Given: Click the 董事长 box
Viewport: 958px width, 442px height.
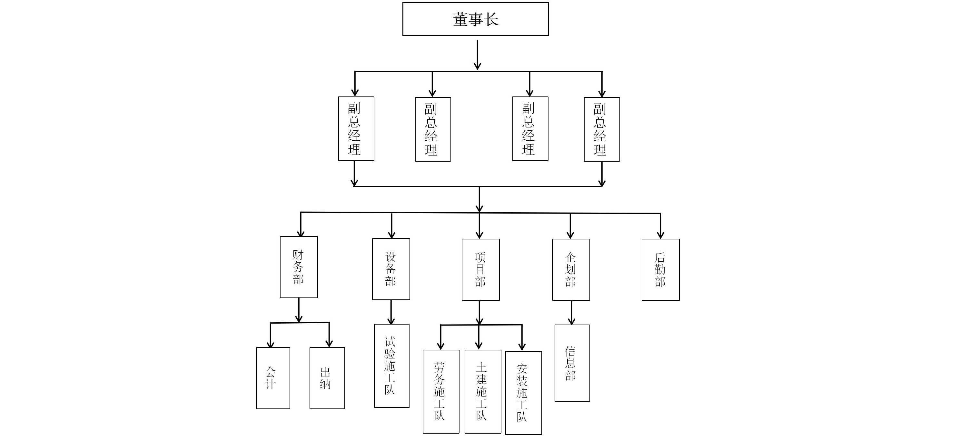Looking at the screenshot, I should pos(475,19).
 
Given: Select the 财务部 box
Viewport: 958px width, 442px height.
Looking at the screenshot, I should pos(299,267).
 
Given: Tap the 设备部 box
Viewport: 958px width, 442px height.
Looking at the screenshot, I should pos(391,269).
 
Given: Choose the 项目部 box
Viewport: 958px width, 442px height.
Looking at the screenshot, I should pos(480,269).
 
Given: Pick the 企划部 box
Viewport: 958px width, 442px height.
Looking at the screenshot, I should pos(571,269).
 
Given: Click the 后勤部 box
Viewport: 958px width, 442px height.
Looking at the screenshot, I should pos(660,269).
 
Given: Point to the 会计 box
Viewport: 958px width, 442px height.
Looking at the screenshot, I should pos(273,378).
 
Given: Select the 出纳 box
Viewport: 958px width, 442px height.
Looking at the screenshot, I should pos(327,378).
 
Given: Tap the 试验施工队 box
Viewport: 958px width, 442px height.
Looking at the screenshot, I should pos(391,366).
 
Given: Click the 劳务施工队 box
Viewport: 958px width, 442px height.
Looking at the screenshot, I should pos(441,391).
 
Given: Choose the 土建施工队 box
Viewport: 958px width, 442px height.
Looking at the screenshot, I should pos(483,391).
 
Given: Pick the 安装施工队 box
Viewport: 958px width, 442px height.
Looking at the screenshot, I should pos(523,393).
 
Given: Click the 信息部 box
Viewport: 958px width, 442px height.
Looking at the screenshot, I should pos(572,363).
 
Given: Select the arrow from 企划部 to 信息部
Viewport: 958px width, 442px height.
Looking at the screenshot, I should pos(572,313).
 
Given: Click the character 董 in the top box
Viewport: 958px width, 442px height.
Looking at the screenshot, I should pos(460,19).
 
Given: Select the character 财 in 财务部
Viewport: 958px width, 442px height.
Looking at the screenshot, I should pos(298,255).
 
